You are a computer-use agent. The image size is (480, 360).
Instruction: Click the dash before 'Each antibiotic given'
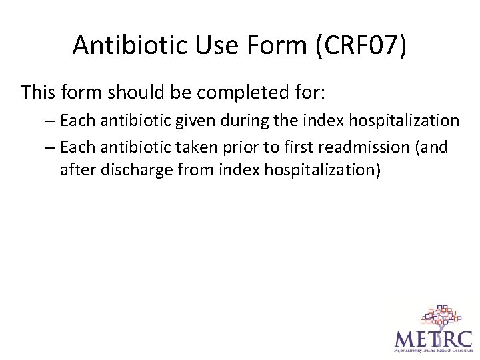(51, 121)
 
